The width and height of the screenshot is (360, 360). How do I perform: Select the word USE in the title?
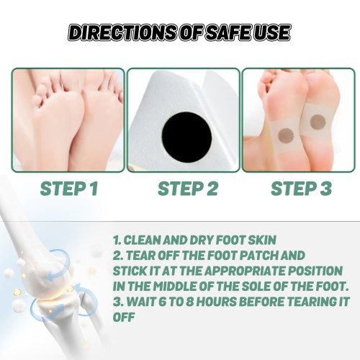269,32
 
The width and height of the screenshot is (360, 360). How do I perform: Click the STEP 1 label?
69,189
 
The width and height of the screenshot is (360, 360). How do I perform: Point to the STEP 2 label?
188,189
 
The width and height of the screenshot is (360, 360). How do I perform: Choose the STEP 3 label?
301,189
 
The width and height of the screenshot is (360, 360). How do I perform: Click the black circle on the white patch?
186,137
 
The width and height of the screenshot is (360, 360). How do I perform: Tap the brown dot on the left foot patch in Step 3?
286,136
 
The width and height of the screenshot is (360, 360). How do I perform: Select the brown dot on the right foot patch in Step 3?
318,122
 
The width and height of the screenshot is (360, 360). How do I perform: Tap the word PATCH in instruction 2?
259,256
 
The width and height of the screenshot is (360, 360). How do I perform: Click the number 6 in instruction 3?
163,302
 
